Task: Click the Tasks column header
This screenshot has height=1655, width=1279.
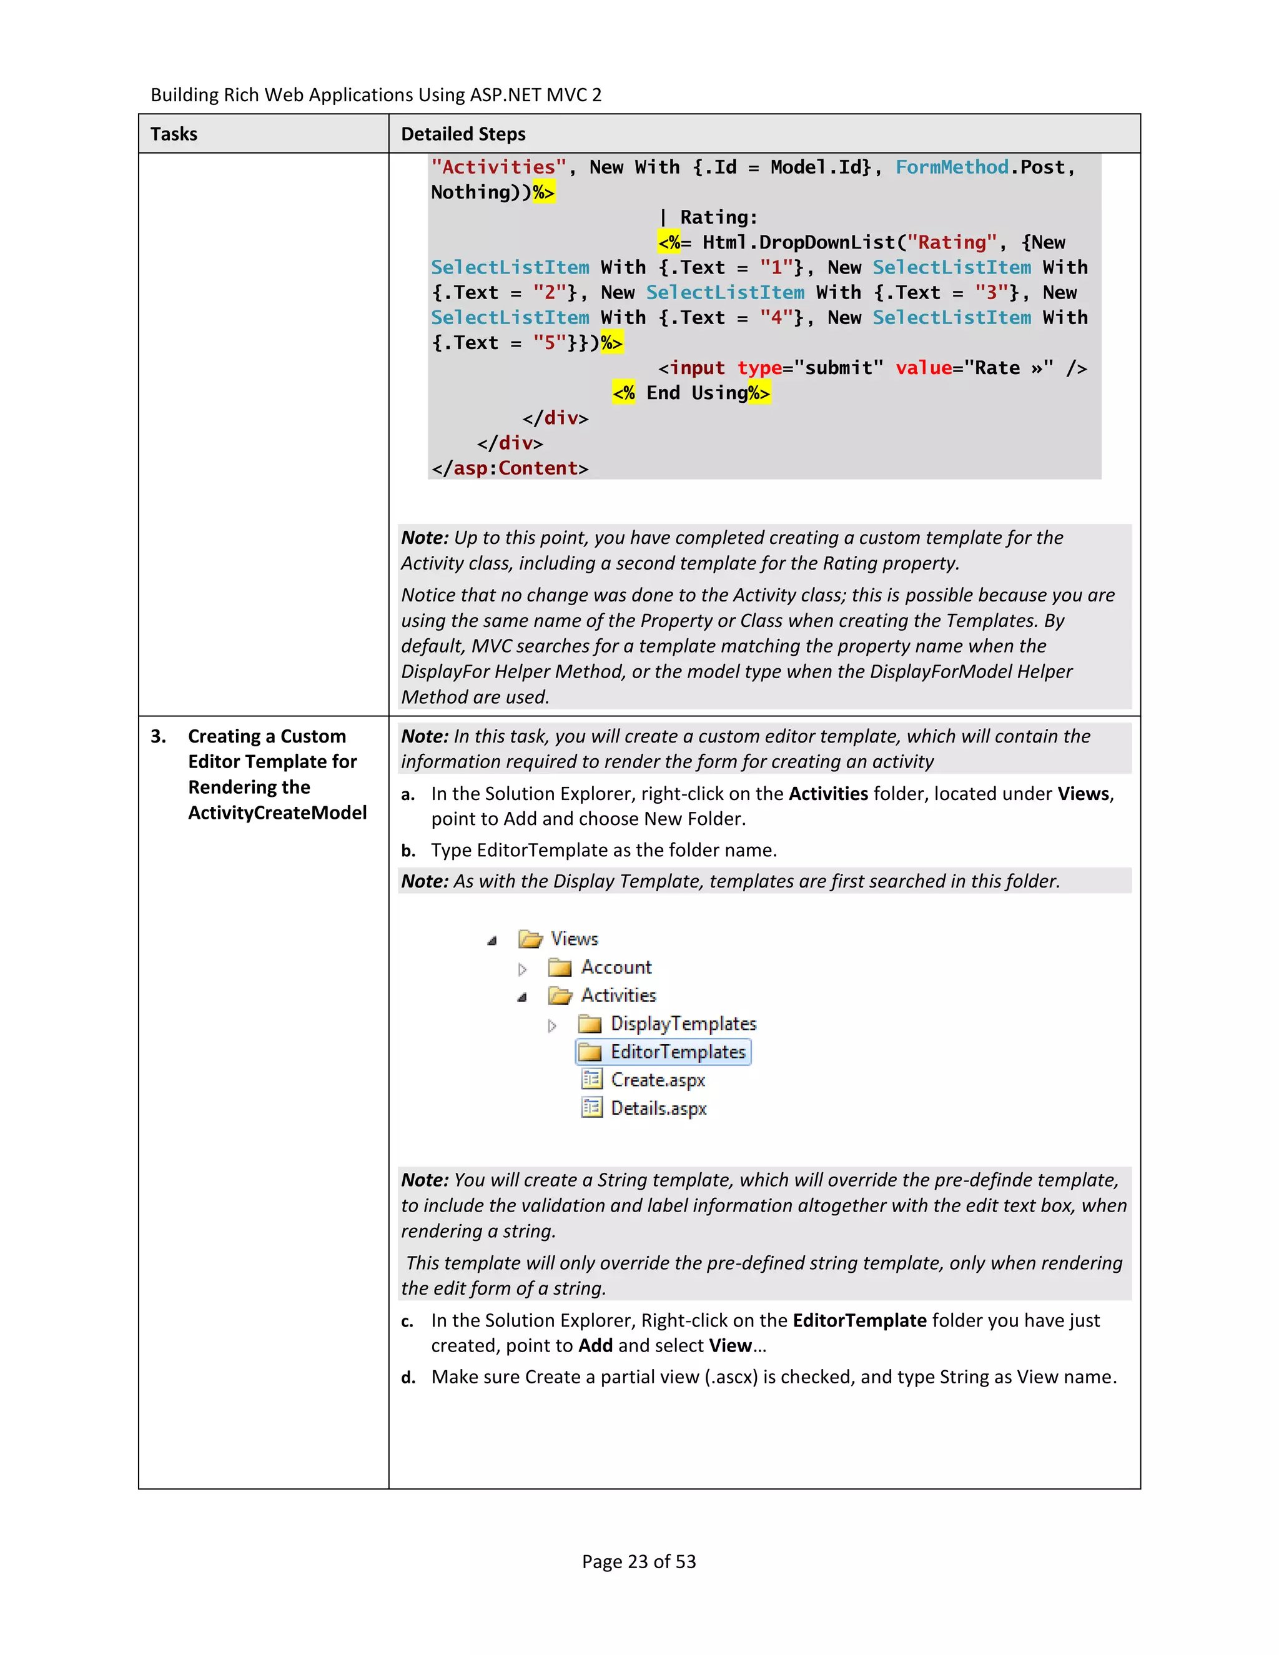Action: [x=174, y=134]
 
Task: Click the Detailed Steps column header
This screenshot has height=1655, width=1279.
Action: [x=463, y=134]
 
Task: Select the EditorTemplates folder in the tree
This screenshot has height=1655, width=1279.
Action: [x=678, y=1052]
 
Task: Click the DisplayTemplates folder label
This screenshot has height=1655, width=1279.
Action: [x=683, y=1024]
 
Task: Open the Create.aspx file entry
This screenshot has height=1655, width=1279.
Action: [x=657, y=1080]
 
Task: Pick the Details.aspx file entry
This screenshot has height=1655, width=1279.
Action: [x=658, y=1109]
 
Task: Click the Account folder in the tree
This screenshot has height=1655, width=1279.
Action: [x=615, y=967]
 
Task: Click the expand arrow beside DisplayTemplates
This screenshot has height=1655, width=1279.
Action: [x=551, y=1025]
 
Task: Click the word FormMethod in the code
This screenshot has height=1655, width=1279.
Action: [x=952, y=167]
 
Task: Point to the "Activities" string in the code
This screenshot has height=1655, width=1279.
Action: [x=498, y=167]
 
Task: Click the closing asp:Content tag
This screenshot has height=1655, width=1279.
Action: [x=510, y=468]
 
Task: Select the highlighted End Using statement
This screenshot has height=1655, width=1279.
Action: [x=691, y=393]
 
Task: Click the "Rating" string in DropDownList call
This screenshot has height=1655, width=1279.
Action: [x=952, y=242]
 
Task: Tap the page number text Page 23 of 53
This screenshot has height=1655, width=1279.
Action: [x=639, y=1562]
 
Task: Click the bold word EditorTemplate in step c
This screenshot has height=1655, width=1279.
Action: [x=859, y=1321]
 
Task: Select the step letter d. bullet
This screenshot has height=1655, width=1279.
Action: [x=408, y=1378]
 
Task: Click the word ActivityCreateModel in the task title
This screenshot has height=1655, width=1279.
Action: [x=277, y=813]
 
